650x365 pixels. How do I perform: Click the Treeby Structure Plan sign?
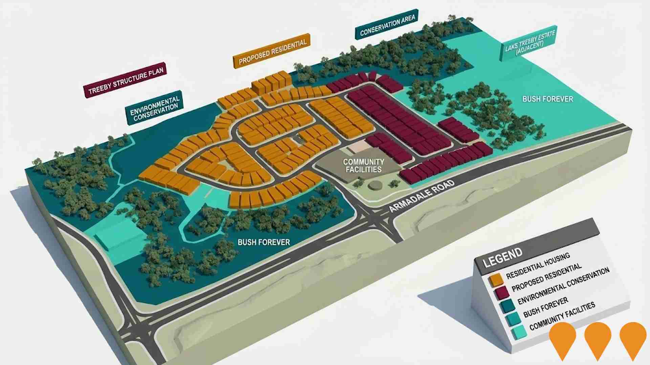click(x=125, y=80)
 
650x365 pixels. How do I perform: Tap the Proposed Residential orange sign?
click(x=272, y=51)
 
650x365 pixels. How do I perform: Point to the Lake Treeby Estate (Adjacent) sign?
click(x=529, y=43)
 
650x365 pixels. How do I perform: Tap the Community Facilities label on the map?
click(x=363, y=166)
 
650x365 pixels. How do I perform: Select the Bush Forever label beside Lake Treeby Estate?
click(x=548, y=99)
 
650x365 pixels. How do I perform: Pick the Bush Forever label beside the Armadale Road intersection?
click(x=264, y=242)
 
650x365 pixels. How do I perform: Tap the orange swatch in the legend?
click(x=496, y=279)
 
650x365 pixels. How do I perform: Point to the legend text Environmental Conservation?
click(x=563, y=286)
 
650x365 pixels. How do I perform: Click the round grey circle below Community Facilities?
click(x=375, y=185)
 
